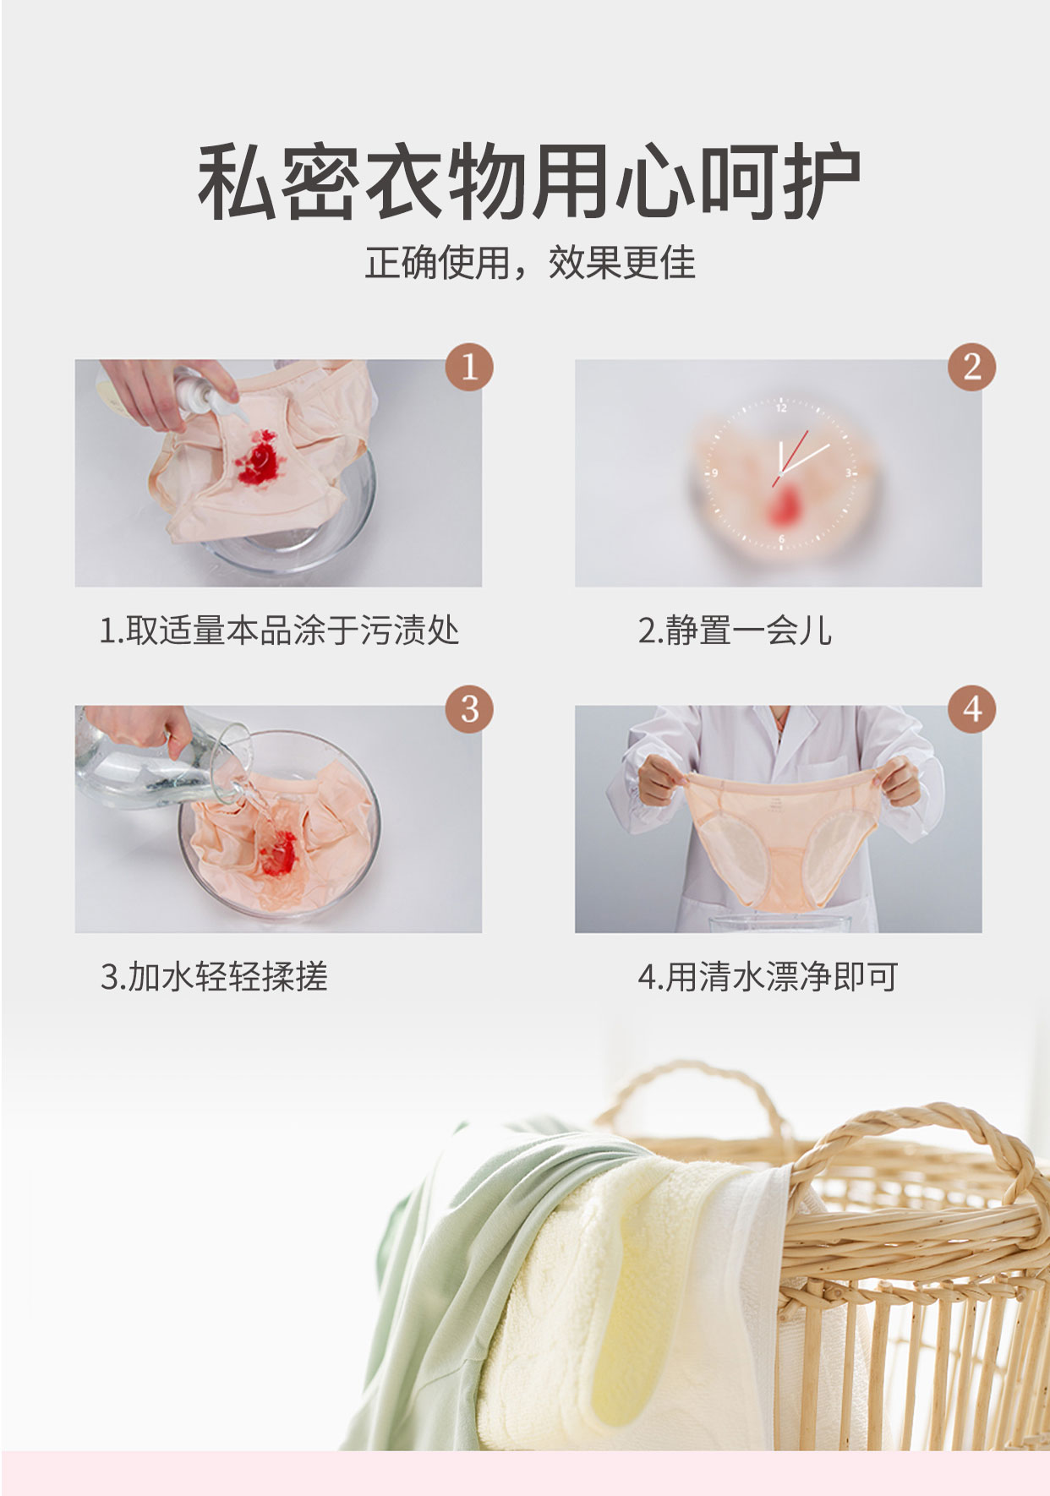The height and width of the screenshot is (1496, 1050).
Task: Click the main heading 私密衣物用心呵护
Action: coord(529,181)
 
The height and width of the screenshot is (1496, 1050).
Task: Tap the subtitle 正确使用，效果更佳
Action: coord(530,262)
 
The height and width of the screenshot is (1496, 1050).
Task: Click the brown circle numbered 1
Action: coord(469,367)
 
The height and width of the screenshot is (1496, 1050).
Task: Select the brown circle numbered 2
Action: coord(971,367)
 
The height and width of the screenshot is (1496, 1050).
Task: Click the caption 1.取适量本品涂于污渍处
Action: coord(279,631)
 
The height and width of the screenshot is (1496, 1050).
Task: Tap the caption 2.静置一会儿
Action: coord(735,631)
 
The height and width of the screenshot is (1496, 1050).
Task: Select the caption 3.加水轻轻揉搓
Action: coord(214,976)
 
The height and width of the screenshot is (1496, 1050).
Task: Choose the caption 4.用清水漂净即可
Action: coord(768,976)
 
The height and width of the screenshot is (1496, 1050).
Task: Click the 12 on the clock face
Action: coord(781,408)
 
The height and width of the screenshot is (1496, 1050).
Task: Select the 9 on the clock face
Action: coord(714,473)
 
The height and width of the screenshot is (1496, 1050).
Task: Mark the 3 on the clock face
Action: coord(847,473)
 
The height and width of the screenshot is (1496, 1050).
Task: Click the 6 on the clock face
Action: coord(781,538)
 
